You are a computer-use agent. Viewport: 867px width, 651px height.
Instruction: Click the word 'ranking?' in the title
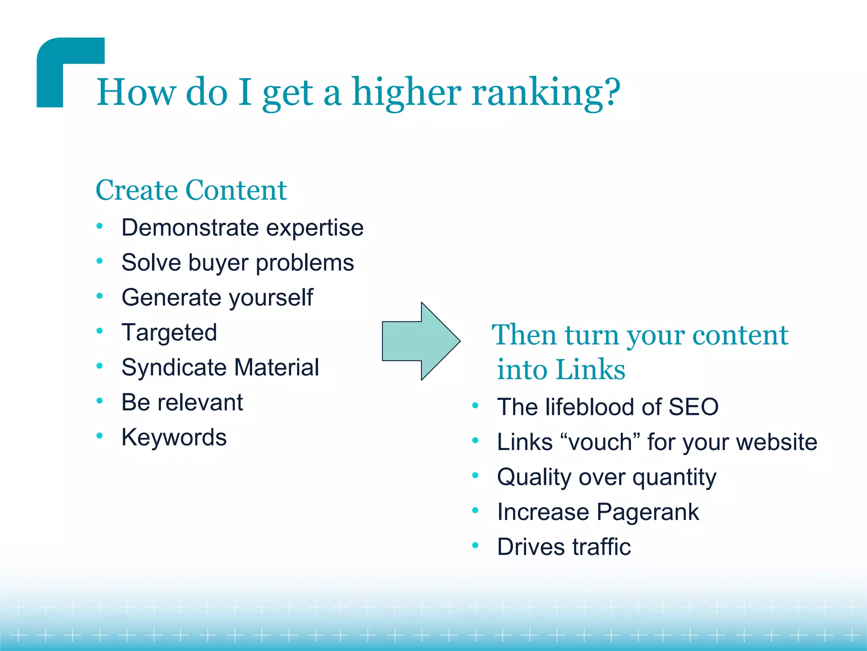(546, 93)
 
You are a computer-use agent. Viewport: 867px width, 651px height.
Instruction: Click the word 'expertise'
(315, 228)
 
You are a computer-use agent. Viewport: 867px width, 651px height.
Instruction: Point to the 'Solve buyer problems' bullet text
(237, 263)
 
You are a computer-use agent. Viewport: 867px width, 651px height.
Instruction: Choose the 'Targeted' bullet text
(169, 333)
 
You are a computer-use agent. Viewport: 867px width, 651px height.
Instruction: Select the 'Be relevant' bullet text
(182, 402)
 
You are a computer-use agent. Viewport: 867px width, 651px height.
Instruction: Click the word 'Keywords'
(174, 437)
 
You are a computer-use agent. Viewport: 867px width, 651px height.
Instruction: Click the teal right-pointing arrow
(421, 341)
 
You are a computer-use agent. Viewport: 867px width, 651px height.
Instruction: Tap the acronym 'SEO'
(693, 407)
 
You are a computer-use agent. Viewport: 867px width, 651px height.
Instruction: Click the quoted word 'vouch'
(600, 442)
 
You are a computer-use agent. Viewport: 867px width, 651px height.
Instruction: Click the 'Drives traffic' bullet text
(563, 547)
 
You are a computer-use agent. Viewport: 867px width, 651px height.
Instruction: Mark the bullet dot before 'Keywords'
(99, 436)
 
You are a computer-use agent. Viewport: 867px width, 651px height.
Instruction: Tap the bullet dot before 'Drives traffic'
(475, 545)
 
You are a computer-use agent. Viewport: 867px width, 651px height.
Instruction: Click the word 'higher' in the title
(406, 93)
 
